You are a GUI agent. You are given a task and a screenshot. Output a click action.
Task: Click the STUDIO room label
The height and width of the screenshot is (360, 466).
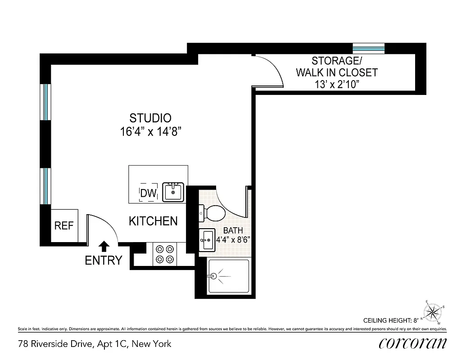pos(150,118)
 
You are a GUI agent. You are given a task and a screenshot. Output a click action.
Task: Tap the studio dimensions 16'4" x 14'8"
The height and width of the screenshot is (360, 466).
pos(150,132)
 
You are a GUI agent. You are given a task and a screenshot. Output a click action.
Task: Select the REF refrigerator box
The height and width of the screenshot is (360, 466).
pos(64,225)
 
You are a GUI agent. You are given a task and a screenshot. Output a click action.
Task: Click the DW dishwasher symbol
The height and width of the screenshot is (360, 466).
pos(148,193)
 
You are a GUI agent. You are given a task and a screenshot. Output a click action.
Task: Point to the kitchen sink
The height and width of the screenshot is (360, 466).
pos(172,192)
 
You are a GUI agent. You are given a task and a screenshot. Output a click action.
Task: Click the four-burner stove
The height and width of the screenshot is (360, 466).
pos(165,254)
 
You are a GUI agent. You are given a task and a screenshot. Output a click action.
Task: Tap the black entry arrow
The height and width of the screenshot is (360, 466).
pos(104,246)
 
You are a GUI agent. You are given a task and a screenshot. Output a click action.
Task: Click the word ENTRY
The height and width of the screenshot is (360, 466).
pos(104,260)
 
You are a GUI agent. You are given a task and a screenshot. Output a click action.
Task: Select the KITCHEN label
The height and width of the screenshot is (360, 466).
pos(153,221)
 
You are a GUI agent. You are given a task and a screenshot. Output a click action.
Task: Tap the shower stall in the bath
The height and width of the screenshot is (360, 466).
pos(228,276)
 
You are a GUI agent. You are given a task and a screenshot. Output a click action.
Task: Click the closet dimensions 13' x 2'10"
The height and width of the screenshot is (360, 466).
pos(336,85)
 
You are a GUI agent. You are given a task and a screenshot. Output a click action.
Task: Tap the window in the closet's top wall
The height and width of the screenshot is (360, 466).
pos(368,48)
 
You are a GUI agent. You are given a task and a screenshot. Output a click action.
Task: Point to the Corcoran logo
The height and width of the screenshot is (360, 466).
pos(413,343)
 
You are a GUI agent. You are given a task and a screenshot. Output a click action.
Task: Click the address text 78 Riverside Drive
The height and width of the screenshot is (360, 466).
pos(95,344)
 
